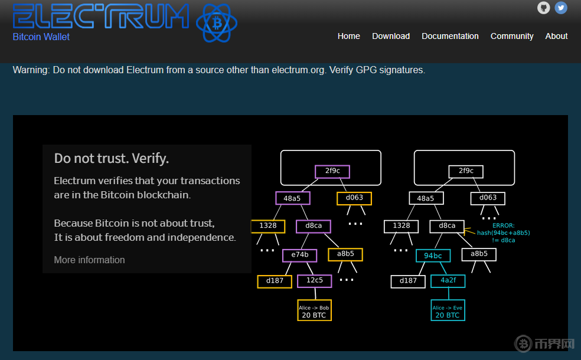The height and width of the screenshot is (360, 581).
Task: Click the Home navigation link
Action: pyautogui.click(x=348, y=36)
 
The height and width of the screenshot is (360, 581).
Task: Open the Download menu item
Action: pyautogui.click(x=391, y=36)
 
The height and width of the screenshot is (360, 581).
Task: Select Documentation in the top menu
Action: pyautogui.click(x=450, y=36)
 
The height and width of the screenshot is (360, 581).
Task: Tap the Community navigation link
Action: pyautogui.click(x=512, y=36)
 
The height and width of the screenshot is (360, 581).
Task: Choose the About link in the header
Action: pyautogui.click(x=556, y=36)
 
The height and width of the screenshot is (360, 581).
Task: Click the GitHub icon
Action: pyautogui.click(x=543, y=8)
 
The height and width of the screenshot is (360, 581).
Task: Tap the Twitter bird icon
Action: pyautogui.click(x=561, y=8)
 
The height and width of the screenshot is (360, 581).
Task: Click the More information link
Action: pyautogui.click(x=89, y=260)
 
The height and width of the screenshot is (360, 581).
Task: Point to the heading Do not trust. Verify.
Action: pyautogui.click(x=112, y=158)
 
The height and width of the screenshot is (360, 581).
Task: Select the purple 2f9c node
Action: pyautogui.click(x=332, y=171)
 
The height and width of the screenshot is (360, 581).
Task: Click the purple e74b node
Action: pyautogui.click(x=299, y=255)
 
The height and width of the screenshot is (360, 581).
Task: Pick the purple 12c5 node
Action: pyautogui.click(x=315, y=280)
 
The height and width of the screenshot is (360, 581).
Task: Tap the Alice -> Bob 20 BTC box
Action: pyautogui.click(x=314, y=311)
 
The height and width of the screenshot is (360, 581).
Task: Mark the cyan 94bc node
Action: pyautogui.click(x=433, y=256)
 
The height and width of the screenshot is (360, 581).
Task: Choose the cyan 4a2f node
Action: pyautogui.click(x=448, y=280)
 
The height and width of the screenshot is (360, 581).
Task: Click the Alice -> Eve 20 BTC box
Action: pyautogui.click(x=448, y=311)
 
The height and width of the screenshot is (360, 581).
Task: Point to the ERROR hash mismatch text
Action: pyautogui.click(x=503, y=233)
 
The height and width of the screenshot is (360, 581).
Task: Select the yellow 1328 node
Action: pyautogui.click(x=268, y=226)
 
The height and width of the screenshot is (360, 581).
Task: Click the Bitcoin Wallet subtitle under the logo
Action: pyautogui.click(x=41, y=37)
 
